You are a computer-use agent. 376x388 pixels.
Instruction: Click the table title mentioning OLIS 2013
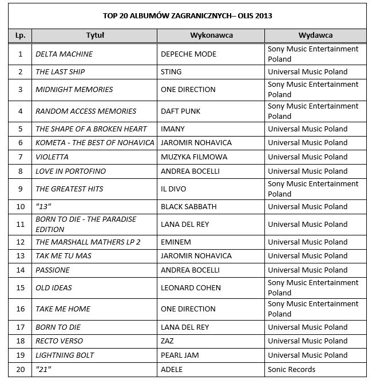(x=187, y=15)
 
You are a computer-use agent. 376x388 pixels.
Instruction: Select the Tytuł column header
(x=94, y=35)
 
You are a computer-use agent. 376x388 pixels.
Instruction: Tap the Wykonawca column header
(x=211, y=35)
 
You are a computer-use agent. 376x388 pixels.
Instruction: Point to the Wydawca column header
(x=315, y=35)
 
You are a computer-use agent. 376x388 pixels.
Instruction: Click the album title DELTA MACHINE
(x=64, y=54)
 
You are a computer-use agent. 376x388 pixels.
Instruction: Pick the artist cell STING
(x=172, y=72)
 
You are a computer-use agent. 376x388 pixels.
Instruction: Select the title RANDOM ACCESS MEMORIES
(x=86, y=111)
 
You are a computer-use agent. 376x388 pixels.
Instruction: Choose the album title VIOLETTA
(x=52, y=157)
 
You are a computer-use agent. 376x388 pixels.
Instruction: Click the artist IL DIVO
(x=173, y=189)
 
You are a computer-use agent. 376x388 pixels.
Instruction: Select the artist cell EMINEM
(x=176, y=242)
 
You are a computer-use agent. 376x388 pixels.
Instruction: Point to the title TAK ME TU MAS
(x=64, y=255)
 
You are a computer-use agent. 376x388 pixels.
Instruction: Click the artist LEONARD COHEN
(x=191, y=287)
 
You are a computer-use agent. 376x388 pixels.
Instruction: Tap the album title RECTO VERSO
(x=59, y=341)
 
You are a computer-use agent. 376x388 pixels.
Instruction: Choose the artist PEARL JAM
(x=180, y=355)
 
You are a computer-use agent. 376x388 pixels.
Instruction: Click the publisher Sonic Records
(x=292, y=369)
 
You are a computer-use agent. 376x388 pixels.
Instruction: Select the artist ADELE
(x=172, y=369)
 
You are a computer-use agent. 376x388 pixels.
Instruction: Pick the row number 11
(x=21, y=224)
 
